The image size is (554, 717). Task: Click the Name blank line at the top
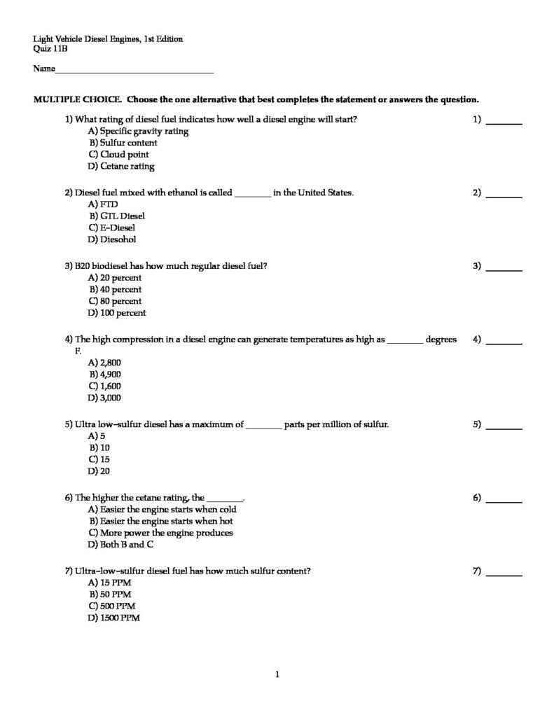133,71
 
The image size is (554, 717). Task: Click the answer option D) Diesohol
112,239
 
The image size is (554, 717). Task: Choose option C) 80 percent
115,301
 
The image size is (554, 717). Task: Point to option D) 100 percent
117,313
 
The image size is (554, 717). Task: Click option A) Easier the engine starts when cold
162,510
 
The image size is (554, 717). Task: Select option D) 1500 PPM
114,618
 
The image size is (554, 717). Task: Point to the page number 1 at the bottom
277,675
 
